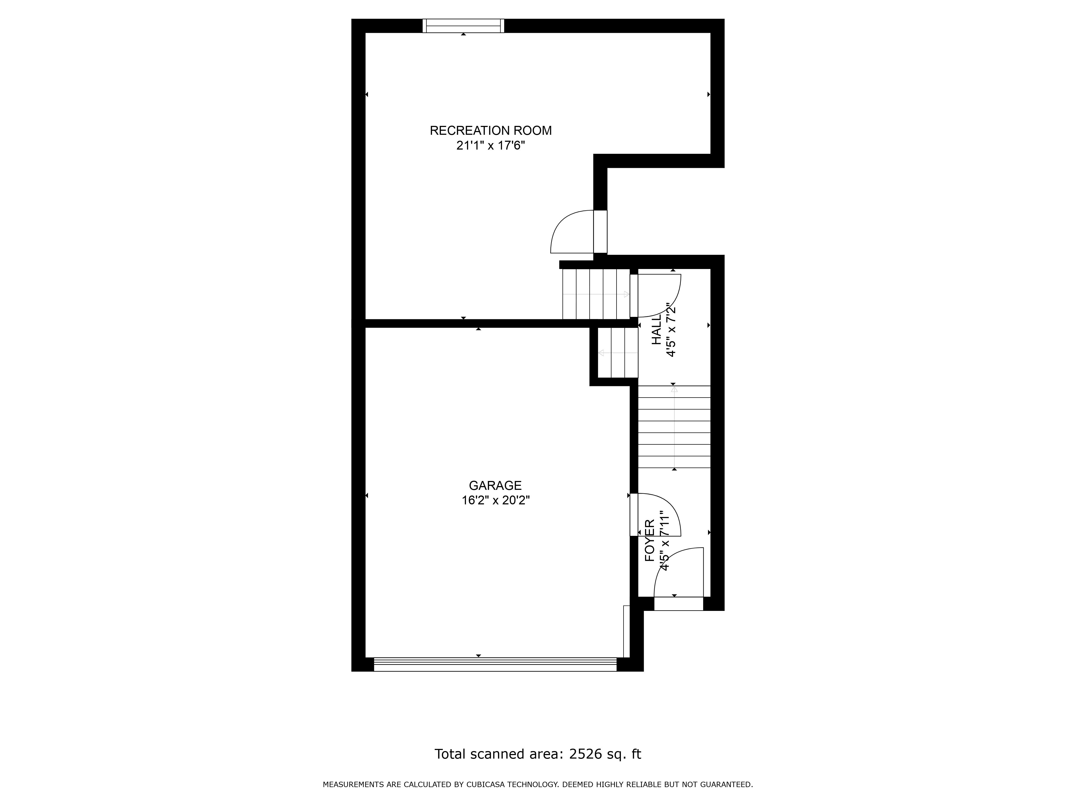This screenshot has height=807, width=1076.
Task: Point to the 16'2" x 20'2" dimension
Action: click(495, 500)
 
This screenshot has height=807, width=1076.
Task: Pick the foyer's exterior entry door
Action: click(679, 603)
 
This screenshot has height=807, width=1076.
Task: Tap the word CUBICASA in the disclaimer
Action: click(484, 784)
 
